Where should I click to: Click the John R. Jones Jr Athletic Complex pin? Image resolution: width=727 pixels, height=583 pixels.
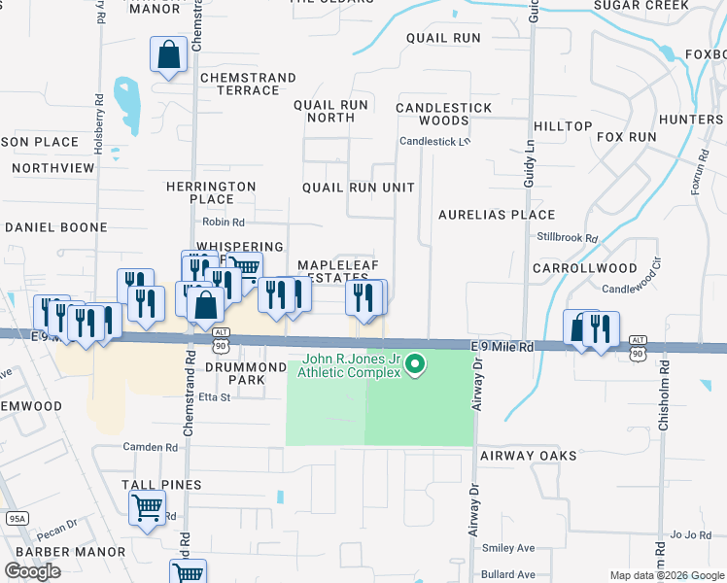pos(416,365)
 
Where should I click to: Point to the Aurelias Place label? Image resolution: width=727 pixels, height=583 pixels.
pos(497,215)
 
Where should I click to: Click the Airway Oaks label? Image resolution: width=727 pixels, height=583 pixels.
pos(529,455)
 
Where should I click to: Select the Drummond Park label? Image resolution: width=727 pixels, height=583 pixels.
pos(234,373)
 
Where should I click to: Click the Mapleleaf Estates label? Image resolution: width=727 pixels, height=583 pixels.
pos(332,271)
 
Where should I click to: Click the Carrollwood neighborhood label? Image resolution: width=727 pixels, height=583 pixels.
pos(585,267)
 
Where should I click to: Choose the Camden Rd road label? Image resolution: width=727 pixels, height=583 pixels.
pos(150,448)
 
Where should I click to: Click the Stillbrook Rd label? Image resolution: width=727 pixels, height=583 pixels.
pos(567,237)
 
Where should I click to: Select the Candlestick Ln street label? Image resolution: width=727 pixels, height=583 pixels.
pos(434,141)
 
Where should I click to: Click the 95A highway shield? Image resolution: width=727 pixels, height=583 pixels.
pos(17,519)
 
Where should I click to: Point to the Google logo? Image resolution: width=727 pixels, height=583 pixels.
pos(32,571)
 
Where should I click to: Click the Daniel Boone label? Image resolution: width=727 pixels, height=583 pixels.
pos(56,227)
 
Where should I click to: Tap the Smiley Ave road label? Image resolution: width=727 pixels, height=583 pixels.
pos(509,548)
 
